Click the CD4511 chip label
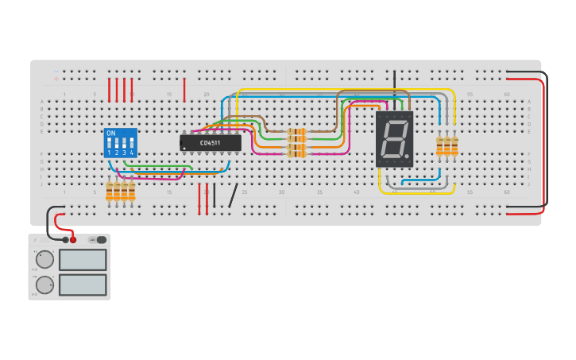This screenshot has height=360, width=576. click(x=210, y=143)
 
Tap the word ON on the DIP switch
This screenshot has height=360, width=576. click(x=110, y=133)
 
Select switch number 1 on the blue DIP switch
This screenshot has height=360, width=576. click(x=110, y=145)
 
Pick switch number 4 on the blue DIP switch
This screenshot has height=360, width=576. click(x=131, y=145)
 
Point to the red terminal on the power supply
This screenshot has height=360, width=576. click(x=73, y=239)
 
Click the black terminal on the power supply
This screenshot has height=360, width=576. click(x=65, y=239)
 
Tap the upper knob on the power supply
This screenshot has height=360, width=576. click(x=45, y=259)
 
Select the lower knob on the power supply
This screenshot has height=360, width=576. click(x=45, y=285)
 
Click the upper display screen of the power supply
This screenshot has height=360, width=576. click(x=83, y=260)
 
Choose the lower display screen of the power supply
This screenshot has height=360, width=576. click(x=83, y=285)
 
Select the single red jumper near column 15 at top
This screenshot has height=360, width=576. click(x=184, y=89)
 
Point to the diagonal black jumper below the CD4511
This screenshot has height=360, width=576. click(x=233, y=195)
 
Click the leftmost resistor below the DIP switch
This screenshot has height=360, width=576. click(x=110, y=191)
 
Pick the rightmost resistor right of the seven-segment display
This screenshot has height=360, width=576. click(x=455, y=145)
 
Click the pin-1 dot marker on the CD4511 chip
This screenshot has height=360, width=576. click(x=184, y=149)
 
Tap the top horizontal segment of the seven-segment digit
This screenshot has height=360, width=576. click(x=396, y=122)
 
